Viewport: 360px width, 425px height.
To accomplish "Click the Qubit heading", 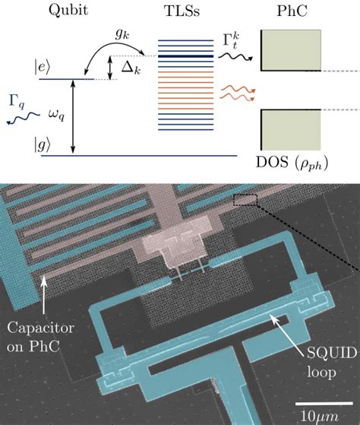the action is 68,11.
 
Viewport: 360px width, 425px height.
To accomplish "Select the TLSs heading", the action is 182,11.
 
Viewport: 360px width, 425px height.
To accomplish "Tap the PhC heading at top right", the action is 292,11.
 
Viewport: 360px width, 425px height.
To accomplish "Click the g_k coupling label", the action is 122,34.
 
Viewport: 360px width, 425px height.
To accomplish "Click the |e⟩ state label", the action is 43,67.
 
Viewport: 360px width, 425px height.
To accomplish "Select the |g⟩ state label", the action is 43,144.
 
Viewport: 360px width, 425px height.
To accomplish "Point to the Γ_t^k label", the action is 232,40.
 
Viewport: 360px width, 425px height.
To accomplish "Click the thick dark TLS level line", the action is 185,56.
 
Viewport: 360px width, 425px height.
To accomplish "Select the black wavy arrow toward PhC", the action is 235,57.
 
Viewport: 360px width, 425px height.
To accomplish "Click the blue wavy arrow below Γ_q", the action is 24,119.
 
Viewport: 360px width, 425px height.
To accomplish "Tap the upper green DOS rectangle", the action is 291,50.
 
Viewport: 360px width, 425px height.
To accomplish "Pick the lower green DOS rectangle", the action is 291,130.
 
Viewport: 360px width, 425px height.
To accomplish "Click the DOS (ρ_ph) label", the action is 292,163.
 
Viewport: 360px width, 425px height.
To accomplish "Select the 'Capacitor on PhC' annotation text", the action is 40,337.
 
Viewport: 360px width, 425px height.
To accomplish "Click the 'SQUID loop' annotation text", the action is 331,362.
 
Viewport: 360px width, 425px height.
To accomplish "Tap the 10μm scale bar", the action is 324,403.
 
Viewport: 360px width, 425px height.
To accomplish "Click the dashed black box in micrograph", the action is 245,200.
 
